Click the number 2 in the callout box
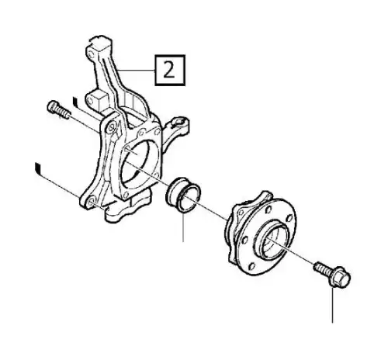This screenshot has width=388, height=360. point(169,70)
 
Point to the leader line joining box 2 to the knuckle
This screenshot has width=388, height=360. point(135,71)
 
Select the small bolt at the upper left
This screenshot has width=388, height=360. point(59,109)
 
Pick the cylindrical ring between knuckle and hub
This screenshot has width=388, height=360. point(183,195)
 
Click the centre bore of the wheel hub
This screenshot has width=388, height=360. point(275,238)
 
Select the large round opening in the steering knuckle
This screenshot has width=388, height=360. point(137,165)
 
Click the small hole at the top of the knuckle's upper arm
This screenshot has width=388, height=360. point(90,55)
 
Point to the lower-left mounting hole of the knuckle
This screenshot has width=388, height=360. point(91,202)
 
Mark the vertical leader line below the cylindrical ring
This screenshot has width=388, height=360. point(183,227)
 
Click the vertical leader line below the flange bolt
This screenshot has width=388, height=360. point(332,305)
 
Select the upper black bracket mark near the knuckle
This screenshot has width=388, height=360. point(75,102)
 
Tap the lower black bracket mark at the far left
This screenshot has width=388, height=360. point(38,168)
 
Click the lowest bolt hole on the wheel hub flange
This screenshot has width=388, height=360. point(251,266)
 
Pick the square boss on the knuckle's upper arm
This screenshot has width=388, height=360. point(99,99)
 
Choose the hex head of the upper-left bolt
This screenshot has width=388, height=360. point(52,106)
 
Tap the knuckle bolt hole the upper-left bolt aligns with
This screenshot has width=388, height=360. point(112,127)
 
